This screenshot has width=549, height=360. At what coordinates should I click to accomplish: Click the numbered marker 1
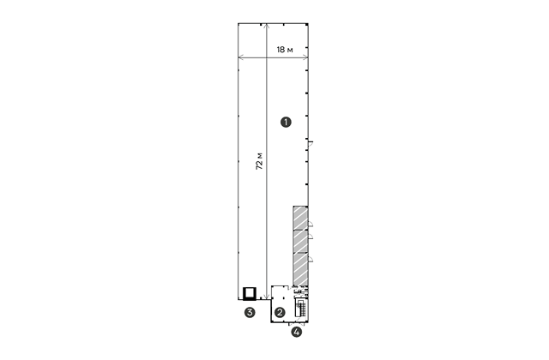286,123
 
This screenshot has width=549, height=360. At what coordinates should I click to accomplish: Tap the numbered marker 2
280,312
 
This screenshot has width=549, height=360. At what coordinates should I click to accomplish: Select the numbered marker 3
250,312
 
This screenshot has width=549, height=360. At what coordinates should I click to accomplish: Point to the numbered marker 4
297,332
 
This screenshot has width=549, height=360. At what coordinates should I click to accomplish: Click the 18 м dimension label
285,50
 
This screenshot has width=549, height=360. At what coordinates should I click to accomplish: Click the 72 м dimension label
259,161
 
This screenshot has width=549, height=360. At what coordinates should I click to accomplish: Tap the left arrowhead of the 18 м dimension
240,57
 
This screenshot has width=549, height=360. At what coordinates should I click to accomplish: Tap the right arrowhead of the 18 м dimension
306,57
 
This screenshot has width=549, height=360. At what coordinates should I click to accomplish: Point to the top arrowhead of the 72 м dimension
267,26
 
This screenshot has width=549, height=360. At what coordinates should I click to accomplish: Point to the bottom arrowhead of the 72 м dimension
267,297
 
